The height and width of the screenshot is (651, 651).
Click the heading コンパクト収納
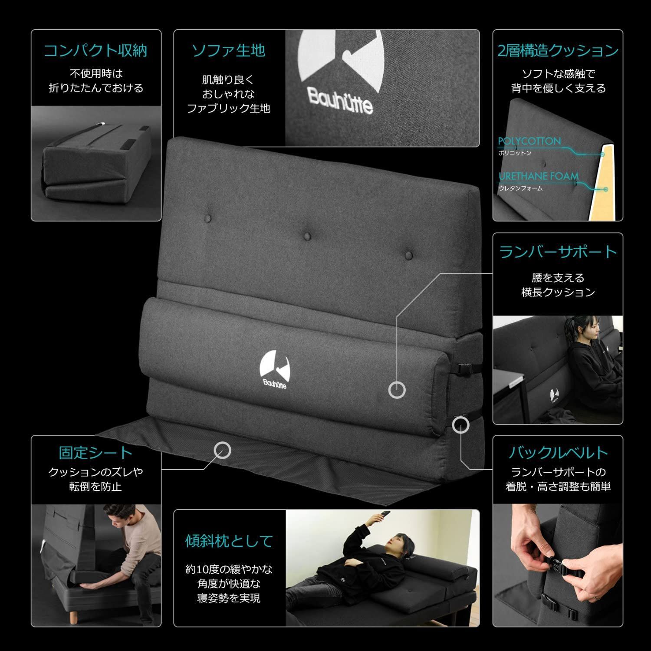[x=96, y=51]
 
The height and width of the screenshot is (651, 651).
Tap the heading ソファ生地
[x=229, y=51]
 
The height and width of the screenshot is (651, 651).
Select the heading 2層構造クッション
[x=558, y=51]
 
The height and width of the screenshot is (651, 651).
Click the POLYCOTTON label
[x=529, y=141]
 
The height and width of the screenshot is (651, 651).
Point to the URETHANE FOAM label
[x=538, y=176]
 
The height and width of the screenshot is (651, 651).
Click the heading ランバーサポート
[x=558, y=252]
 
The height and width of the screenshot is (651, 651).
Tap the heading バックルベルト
[x=558, y=453]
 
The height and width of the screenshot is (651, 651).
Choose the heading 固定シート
[x=96, y=453]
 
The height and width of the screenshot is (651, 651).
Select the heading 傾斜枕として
[x=229, y=541]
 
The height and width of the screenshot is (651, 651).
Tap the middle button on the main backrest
[x=308, y=236]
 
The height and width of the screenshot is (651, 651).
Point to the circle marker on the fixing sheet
[x=223, y=450]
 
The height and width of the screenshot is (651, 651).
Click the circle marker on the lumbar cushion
[x=397, y=390]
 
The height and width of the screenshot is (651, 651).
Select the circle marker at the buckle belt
[x=460, y=425]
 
